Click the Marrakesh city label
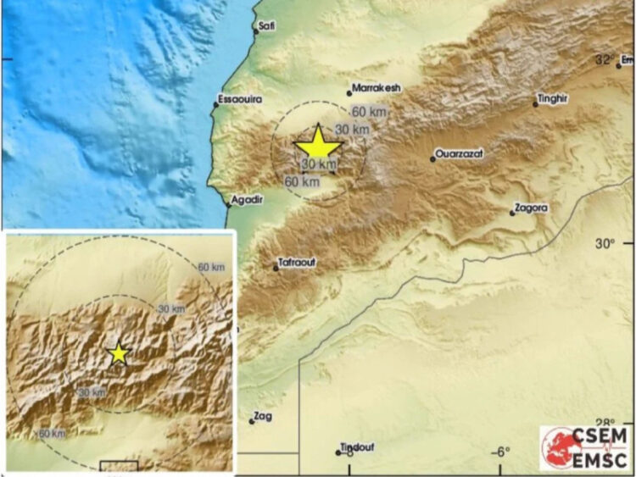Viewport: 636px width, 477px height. [377, 87]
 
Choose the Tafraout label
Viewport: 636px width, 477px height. [297, 263]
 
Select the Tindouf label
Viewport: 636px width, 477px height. [356, 447]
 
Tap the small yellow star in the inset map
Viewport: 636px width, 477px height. [119, 353]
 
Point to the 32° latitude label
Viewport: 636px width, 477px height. [605, 60]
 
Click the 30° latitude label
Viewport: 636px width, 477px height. [603, 245]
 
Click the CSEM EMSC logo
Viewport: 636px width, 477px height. [586, 446]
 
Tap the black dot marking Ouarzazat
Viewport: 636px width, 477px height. [432, 159]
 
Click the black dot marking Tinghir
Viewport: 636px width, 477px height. [536, 104]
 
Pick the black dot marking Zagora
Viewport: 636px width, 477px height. [512, 213]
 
